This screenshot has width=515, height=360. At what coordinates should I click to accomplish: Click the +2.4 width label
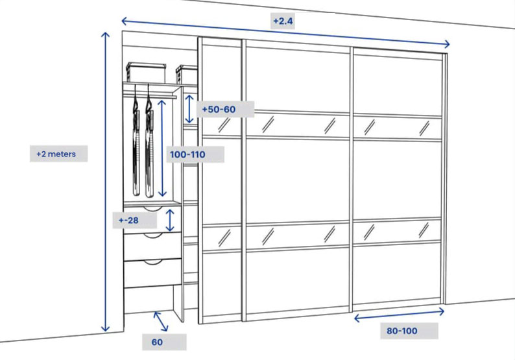[x=283, y=21]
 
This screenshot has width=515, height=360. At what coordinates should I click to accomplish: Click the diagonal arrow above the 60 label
[x=161, y=321]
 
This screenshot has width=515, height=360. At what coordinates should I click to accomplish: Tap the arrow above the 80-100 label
[x=399, y=315]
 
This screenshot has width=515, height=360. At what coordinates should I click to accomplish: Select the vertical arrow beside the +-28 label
[x=170, y=220]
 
